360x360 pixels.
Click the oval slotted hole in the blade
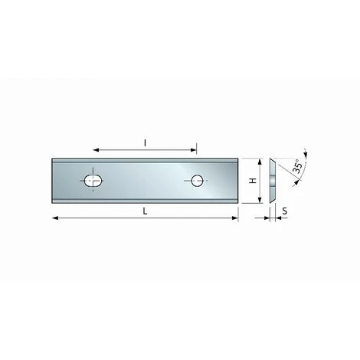[x=93, y=181]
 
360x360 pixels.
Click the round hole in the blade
[x=197, y=181]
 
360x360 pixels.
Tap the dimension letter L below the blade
[x=145, y=211]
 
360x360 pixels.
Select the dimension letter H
[x=253, y=181]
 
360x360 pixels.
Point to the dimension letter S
[x=285, y=211]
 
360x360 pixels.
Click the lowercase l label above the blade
[x=145, y=143]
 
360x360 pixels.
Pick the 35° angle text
[x=298, y=167]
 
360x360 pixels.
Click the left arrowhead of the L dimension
[x=55, y=218]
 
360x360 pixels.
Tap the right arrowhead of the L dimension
[x=234, y=218]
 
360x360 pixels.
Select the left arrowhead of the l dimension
[x=96, y=150]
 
